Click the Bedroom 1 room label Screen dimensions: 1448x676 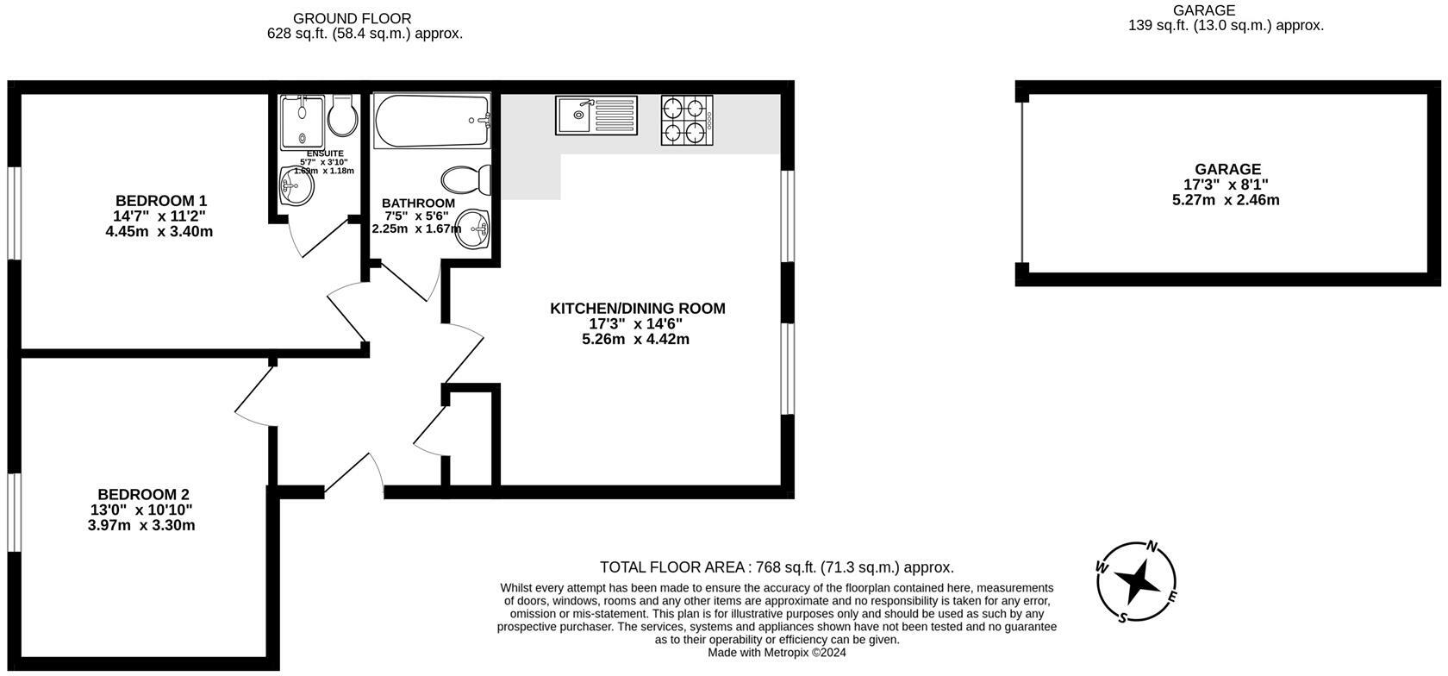[x=161, y=201]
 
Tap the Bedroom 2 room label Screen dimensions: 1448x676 [x=143, y=495]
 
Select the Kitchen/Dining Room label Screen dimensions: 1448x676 [x=638, y=309]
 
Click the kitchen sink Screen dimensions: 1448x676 [x=596, y=116]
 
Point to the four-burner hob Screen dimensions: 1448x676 [x=686, y=120]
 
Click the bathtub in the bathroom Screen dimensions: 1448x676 [x=432, y=121]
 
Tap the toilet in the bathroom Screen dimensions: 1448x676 [x=466, y=179]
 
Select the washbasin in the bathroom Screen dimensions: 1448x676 [x=472, y=228]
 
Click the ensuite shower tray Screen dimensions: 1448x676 [x=302, y=122]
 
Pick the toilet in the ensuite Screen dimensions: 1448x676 [x=343, y=116]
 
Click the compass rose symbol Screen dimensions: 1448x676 [x=1136, y=581]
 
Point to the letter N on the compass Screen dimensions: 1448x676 [x=1152, y=547]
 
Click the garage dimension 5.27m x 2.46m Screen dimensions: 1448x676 [x=1226, y=200]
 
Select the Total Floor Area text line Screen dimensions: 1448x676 [x=777, y=567]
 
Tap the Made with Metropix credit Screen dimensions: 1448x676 [x=777, y=653]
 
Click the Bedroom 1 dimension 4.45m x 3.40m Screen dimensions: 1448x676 [x=159, y=231]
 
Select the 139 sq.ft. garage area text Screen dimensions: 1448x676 [x=1226, y=26]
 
